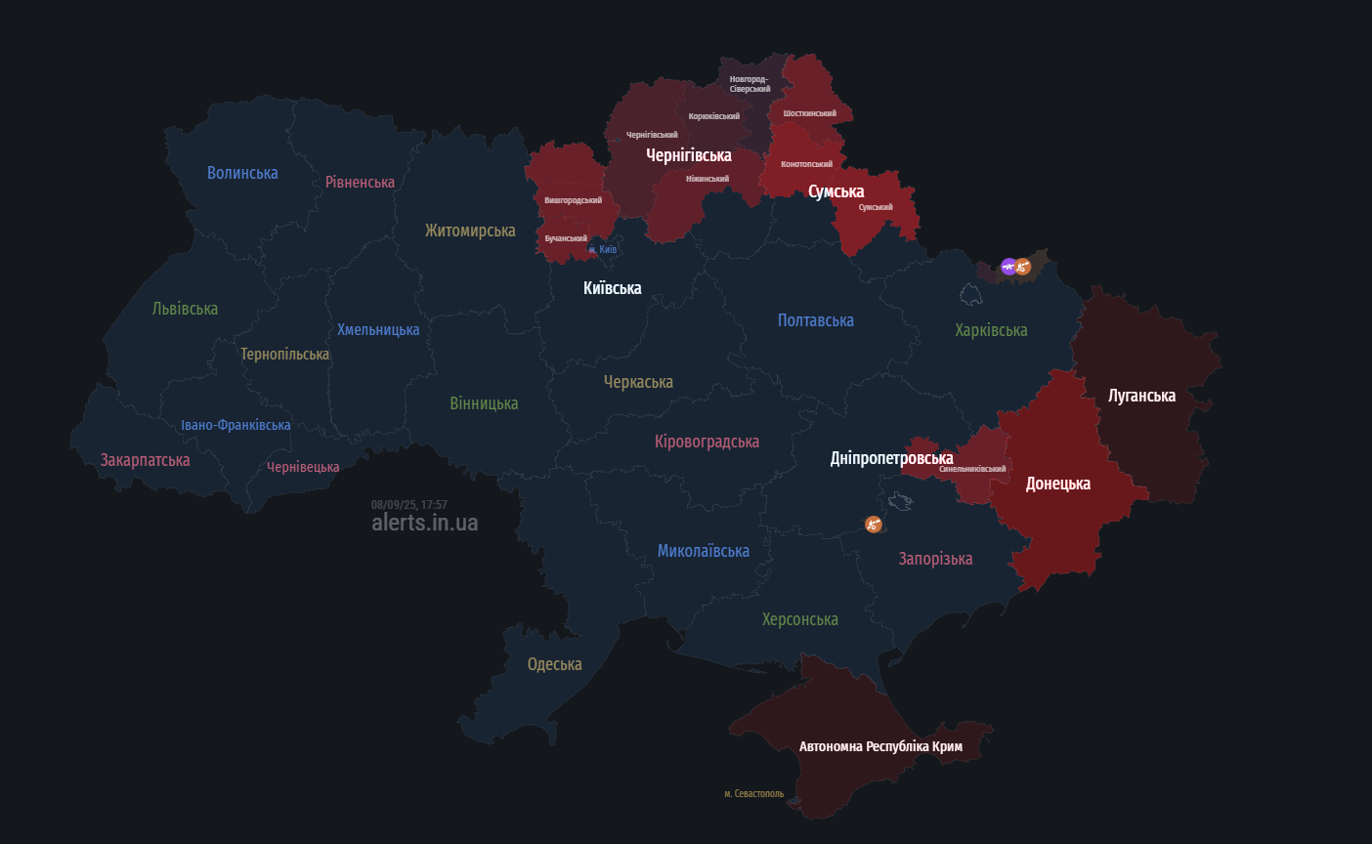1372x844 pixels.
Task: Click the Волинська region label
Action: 242,173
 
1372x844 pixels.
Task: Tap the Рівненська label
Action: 360,182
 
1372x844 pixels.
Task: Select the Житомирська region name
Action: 470,231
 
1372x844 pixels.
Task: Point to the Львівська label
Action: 185,309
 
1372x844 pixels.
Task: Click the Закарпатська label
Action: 145,460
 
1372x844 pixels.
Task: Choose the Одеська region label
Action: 554,664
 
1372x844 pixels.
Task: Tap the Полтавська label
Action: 815,320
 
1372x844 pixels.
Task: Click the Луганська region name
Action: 1141,396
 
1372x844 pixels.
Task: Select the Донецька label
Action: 1057,484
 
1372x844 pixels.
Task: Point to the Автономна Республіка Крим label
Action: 880,746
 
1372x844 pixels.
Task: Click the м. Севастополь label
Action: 753,793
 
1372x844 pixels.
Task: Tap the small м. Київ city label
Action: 602,250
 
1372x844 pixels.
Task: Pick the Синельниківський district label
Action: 971,469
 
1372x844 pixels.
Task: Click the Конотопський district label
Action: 806,164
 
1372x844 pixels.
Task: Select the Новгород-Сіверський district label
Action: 750,84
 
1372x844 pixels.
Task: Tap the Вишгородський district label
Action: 573,200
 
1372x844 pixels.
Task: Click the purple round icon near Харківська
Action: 1008,266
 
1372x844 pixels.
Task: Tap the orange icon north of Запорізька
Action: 873,525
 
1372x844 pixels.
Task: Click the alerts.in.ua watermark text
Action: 424,523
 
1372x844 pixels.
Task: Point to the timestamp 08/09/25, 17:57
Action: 408,505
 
